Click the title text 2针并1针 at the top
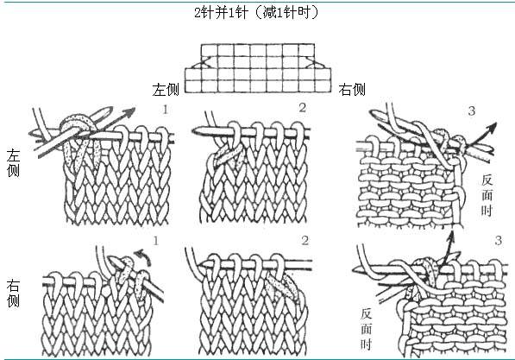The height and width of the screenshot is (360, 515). point(220,12)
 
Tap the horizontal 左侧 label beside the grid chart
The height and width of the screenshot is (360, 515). point(166,90)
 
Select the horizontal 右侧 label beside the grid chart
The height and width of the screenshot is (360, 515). point(352,89)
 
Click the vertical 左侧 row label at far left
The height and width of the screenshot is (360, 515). point(13,163)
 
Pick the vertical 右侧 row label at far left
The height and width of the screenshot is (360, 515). point(13,294)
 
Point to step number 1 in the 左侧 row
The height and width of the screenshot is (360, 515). point(166,110)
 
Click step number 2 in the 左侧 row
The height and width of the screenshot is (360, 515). point(303,108)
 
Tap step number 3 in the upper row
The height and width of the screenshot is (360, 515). point(471,111)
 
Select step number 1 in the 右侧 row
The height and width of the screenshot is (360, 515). point(155,241)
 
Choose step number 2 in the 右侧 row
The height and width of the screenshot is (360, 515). point(305,241)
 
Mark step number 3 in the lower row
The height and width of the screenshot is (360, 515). point(499,241)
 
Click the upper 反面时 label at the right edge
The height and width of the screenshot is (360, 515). point(487,195)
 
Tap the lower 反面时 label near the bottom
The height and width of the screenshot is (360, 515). point(367,329)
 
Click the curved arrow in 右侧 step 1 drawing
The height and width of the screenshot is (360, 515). point(145,256)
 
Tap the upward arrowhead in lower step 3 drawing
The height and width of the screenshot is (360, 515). point(450,237)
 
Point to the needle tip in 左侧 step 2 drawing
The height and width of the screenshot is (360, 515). point(194,130)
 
